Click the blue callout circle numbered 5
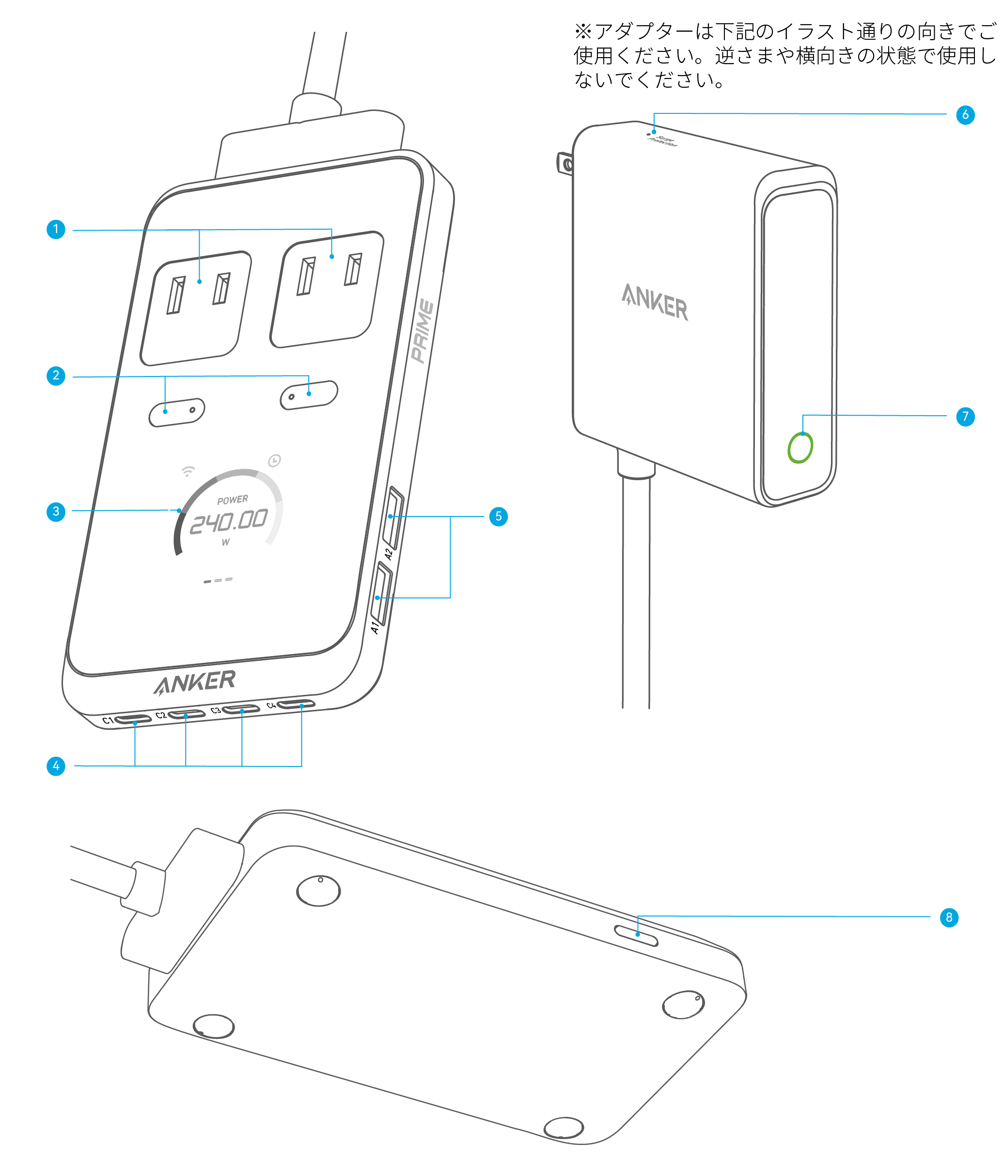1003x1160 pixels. point(498,516)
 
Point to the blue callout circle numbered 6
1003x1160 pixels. point(965,115)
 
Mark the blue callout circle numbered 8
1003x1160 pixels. point(949,918)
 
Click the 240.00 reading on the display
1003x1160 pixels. point(228,522)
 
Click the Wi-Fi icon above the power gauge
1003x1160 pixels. point(188,471)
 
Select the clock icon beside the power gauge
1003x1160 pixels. point(274,461)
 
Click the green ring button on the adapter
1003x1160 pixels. point(800,448)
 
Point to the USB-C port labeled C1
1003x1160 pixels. point(133,719)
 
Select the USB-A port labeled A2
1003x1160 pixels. point(393,518)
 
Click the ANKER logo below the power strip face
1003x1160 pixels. point(195,682)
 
